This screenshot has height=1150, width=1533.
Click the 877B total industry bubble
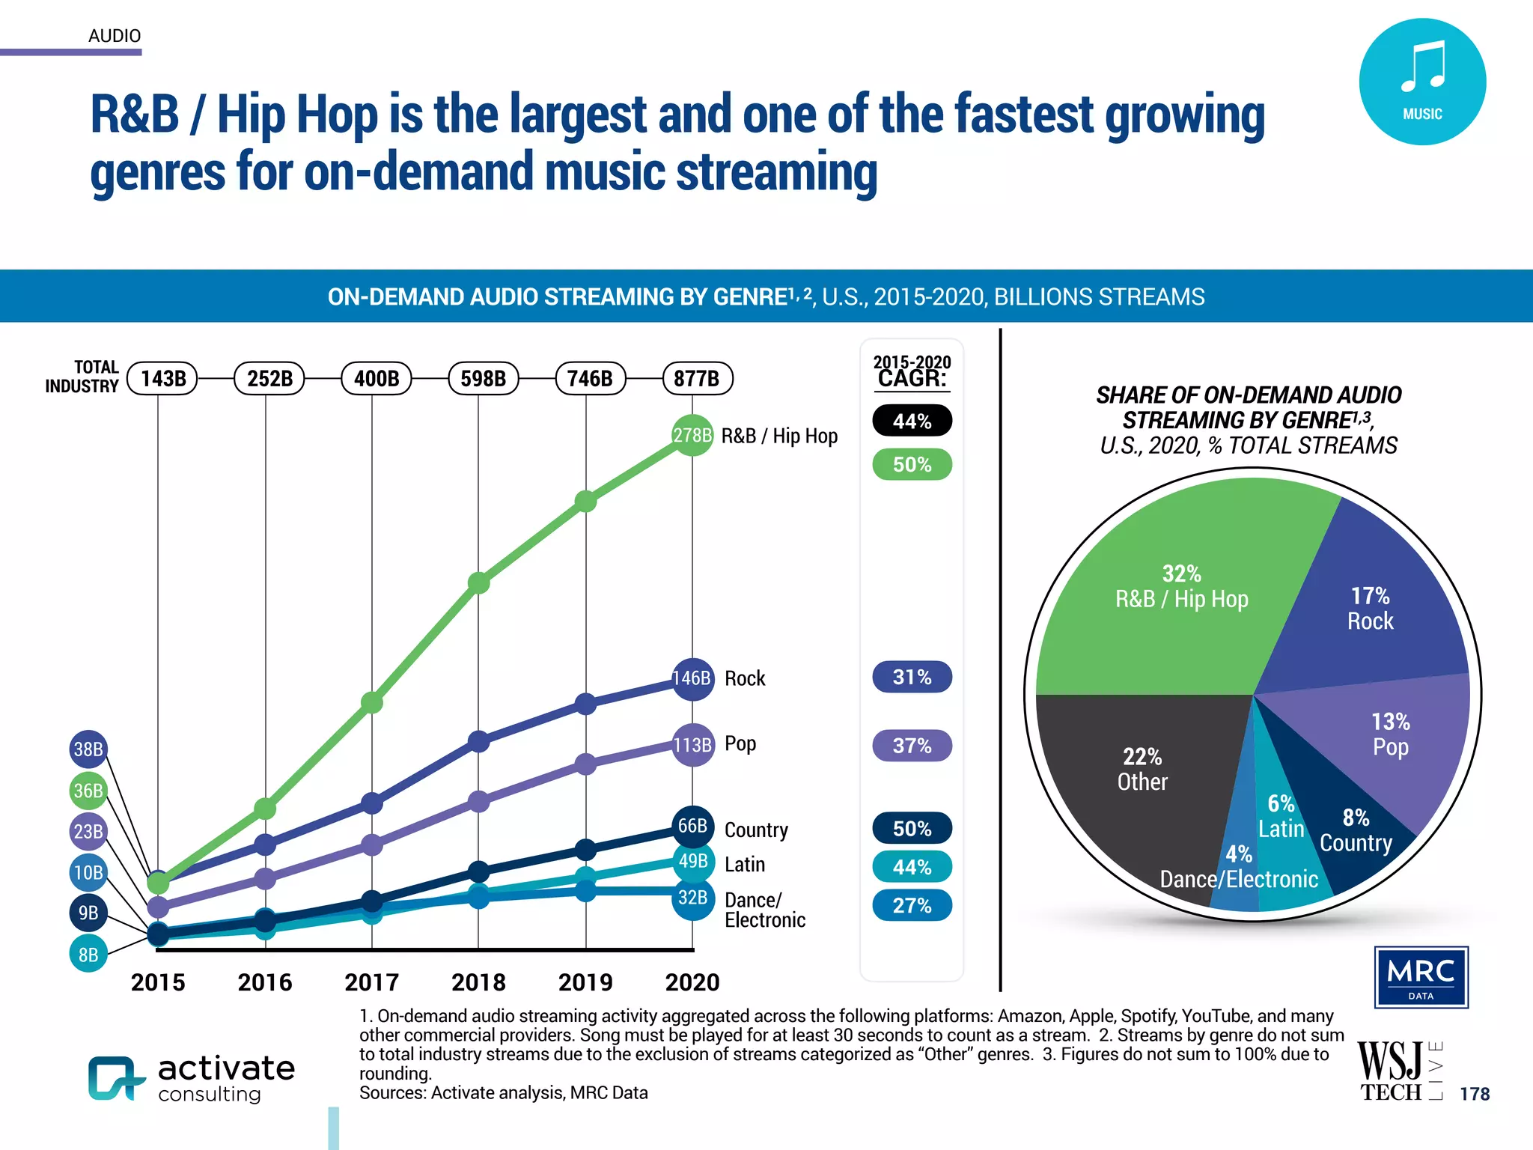pyautogui.click(x=697, y=378)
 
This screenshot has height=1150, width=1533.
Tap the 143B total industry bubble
pyautogui.click(x=162, y=378)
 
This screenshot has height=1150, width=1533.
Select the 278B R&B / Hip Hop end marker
pyautogui.click(x=692, y=435)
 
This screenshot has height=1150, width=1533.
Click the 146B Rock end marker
pyautogui.click(x=692, y=678)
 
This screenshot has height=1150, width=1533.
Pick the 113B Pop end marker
pyautogui.click(x=692, y=744)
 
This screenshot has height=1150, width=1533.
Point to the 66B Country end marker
pyautogui.click(x=692, y=826)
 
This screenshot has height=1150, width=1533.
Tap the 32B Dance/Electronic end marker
pyautogui.click(x=692, y=897)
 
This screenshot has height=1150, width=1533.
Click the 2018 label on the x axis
pyautogui.click(x=478, y=982)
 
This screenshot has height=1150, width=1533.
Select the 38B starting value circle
pyautogui.click(x=88, y=749)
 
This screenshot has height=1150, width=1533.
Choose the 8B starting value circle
pyautogui.click(x=88, y=955)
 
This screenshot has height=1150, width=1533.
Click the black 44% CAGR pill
pyautogui.click(x=912, y=421)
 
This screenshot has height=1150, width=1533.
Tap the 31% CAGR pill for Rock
pyautogui.click(x=912, y=677)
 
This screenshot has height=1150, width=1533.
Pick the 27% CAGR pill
pyautogui.click(x=912, y=905)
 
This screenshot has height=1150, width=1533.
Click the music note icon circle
pyautogui.click(x=1422, y=82)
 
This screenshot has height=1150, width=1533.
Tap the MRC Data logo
pyautogui.click(x=1421, y=977)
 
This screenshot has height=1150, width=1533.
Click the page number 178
pyautogui.click(x=1475, y=1094)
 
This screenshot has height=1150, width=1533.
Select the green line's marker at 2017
pyautogui.click(x=372, y=702)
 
